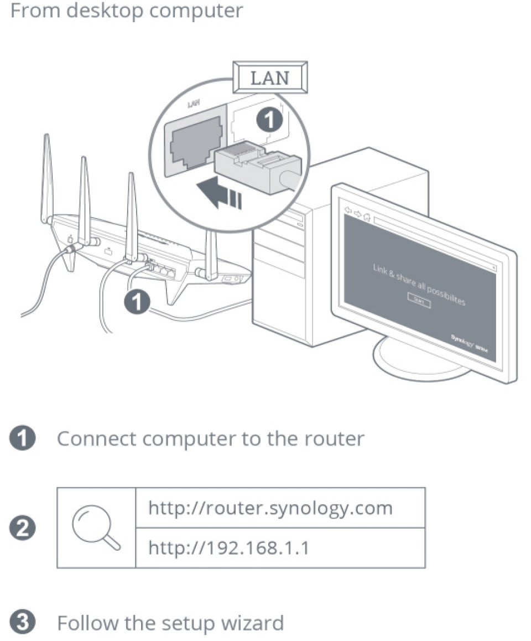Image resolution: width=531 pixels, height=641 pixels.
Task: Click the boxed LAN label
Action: pyautogui.click(x=270, y=78)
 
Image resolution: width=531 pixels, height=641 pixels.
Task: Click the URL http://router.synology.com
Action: pyautogui.click(x=270, y=508)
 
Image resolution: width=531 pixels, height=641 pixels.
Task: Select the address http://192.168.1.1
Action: pyautogui.click(x=229, y=547)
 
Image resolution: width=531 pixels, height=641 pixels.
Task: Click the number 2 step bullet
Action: pyautogui.click(x=25, y=529)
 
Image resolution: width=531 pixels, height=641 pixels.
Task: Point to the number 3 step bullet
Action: pyautogui.click(x=25, y=623)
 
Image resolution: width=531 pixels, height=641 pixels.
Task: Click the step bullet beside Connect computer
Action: pyautogui.click(x=25, y=438)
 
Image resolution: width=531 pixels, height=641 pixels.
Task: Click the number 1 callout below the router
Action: pyautogui.click(x=137, y=302)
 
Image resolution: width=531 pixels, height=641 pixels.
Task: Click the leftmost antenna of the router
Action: pyautogui.click(x=48, y=177)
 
